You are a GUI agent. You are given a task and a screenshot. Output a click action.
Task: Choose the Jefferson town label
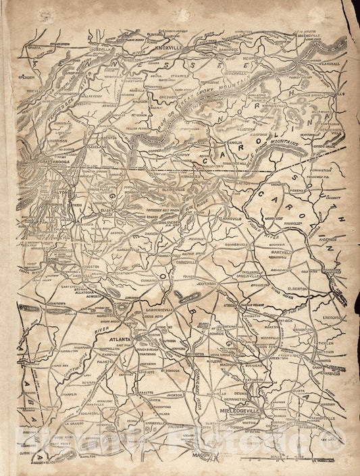click(x=209, y=284)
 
